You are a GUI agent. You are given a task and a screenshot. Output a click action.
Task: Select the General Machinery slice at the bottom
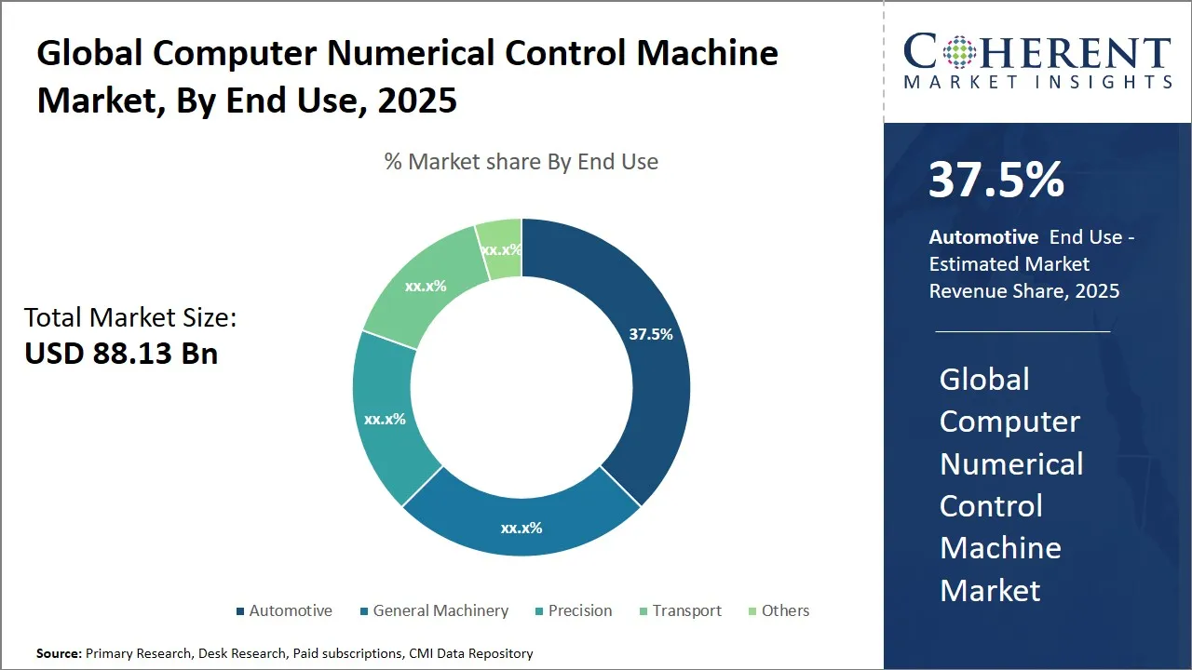[521, 527]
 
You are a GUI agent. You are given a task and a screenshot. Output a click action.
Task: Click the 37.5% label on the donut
[650, 334]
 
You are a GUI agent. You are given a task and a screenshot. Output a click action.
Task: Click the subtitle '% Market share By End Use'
[521, 162]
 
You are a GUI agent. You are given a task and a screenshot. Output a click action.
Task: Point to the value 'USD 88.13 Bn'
[121, 354]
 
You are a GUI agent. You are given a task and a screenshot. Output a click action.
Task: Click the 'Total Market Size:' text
[130, 318]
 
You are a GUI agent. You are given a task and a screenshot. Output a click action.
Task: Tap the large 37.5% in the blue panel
[996, 181]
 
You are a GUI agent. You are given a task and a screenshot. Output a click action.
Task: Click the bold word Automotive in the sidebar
[983, 237]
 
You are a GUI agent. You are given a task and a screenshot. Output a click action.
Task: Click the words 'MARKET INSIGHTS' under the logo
[1037, 83]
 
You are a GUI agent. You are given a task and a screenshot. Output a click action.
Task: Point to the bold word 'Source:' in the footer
[60, 653]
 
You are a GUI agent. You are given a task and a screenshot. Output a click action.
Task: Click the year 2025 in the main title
[417, 100]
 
